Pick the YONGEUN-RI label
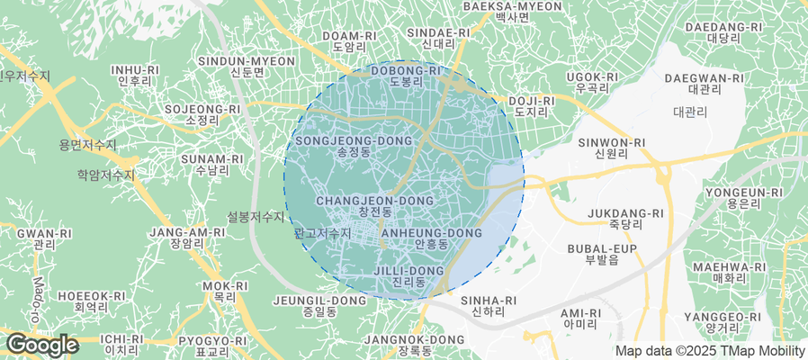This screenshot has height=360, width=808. point(743,198)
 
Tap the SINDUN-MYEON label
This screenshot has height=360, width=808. point(246,67)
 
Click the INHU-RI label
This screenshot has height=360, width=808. point(134,74)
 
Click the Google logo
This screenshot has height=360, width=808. point(41,345)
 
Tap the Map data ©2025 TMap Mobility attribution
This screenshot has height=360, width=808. point(709,351)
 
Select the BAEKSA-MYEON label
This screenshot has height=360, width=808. point(511,12)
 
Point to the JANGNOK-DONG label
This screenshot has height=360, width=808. point(414,345)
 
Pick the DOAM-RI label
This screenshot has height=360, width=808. point(348,41)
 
